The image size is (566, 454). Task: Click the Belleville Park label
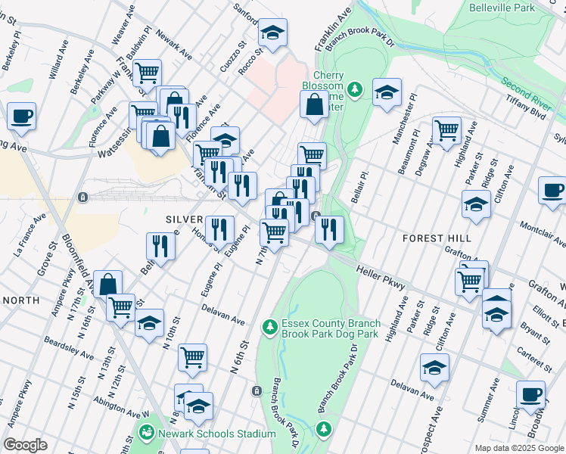[x=523, y=8]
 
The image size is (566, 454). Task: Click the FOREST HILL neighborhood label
[x=436, y=238]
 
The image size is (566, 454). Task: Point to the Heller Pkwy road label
[x=380, y=276]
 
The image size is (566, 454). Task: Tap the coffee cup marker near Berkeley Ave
[x=22, y=116]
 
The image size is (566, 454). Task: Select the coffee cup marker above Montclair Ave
[x=552, y=191]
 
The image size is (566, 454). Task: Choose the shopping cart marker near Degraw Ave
[x=446, y=129]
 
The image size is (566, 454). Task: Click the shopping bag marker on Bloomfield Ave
[x=108, y=285]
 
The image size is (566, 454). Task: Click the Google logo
[x=25, y=445]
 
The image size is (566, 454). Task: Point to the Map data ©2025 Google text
[x=518, y=448]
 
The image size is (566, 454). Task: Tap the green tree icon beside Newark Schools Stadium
[x=145, y=434]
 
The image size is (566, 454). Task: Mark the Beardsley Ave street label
[x=68, y=349]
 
